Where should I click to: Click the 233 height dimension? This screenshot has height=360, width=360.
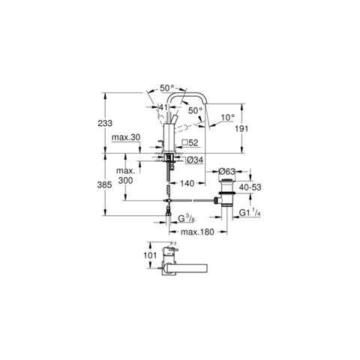point(105,123)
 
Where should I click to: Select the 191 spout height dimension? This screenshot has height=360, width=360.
point(241,128)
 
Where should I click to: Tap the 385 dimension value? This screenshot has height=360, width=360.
point(105,185)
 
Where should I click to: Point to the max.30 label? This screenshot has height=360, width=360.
point(126,137)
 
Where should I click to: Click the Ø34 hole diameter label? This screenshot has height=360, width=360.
point(195,160)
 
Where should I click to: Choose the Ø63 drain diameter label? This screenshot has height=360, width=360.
point(227,172)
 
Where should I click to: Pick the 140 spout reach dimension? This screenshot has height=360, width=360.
point(187,184)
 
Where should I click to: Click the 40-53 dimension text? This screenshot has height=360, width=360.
point(250,187)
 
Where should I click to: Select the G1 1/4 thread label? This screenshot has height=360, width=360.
point(250,213)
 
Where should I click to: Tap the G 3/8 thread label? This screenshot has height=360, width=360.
point(186,219)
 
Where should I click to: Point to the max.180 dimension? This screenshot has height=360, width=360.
point(197,232)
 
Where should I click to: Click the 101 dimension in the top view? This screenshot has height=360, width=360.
point(150,256)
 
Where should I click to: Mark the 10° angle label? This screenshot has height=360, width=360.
point(228,117)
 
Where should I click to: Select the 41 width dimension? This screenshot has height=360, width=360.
point(163,107)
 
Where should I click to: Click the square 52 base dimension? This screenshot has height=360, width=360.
point(190,142)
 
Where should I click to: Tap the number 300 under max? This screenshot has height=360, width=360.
point(125,180)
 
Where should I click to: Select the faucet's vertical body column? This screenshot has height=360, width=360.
point(169,138)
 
